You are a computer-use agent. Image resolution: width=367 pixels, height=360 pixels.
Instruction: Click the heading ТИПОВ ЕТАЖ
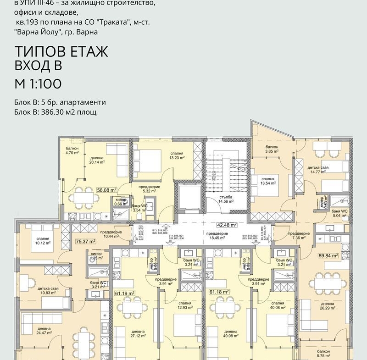[x=61, y=52]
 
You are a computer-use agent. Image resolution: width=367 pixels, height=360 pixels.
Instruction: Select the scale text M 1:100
[x=39, y=83]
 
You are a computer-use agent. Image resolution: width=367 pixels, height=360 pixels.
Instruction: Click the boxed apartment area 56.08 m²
[x=106, y=189]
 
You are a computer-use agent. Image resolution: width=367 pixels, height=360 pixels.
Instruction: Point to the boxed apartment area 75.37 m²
[x=85, y=241]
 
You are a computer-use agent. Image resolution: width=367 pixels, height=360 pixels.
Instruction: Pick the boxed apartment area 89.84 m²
[x=328, y=256]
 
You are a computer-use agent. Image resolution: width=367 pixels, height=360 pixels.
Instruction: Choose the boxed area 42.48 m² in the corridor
[x=227, y=225]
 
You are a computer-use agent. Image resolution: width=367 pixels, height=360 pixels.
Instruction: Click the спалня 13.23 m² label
[x=176, y=155]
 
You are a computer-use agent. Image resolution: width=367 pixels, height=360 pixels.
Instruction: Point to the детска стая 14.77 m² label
[x=318, y=170]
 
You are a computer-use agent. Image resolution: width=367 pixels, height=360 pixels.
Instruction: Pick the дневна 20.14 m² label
[x=97, y=159]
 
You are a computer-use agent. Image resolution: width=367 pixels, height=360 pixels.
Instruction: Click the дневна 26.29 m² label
[x=327, y=306]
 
